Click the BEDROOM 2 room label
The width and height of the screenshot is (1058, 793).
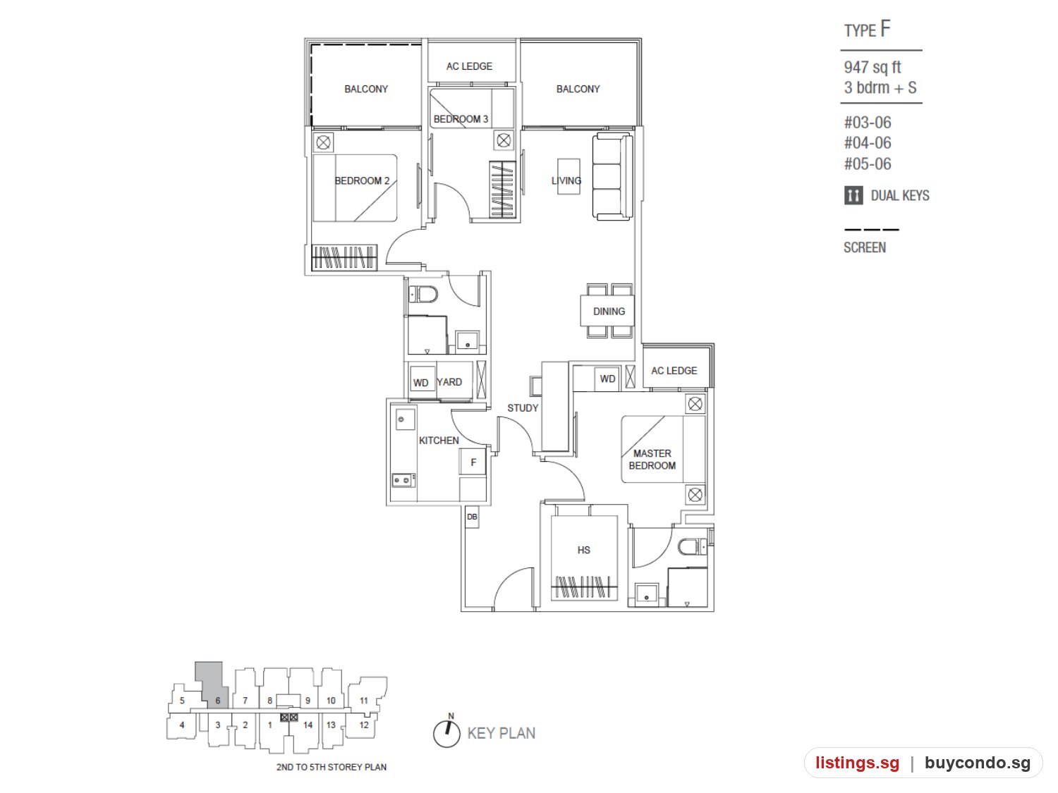(x=362, y=180)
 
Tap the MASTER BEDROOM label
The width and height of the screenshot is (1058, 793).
(x=652, y=460)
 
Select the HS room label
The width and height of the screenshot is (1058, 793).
(x=583, y=550)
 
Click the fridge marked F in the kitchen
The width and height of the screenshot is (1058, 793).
(x=473, y=462)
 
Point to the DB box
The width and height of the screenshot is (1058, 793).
(x=471, y=517)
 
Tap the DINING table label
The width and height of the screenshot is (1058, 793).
(x=608, y=311)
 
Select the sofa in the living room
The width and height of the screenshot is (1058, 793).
(x=612, y=176)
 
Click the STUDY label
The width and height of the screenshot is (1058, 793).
(x=522, y=408)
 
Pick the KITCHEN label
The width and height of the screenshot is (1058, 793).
(x=438, y=440)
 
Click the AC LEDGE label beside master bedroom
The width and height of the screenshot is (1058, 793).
(x=674, y=370)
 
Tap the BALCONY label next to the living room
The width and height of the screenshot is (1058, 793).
(x=578, y=89)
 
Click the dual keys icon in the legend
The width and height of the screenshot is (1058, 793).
(x=853, y=195)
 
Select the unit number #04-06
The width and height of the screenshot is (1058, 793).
(x=867, y=142)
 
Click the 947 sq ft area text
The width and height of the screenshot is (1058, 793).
(x=872, y=67)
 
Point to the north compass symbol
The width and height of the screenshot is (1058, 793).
(x=446, y=732)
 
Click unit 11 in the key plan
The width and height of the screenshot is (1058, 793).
(x=364, y=700)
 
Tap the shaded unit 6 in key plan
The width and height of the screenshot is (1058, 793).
(x=212, y=686)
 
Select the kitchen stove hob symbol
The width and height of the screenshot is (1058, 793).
(x=403, y=480)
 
